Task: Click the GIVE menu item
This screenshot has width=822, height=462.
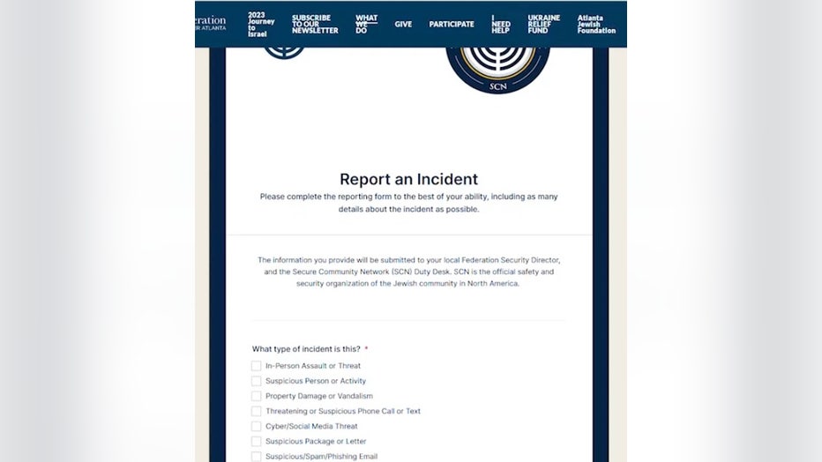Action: coord(403,24)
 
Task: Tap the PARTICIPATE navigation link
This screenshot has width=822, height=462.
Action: coord(452,24)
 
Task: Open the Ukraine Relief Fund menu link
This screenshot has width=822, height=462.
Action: coord(543,24)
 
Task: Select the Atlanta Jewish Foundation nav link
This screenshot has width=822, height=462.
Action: coord(596,24)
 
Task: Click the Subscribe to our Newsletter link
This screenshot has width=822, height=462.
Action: coord(315,24)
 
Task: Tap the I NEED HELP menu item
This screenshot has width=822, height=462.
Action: coord(501,24)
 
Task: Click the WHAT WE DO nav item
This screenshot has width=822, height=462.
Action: coord(366,24)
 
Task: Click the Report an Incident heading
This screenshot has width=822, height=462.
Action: coord(408,180)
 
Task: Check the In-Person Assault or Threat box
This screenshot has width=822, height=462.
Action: coord(257,366)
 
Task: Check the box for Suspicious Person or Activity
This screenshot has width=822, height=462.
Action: coord(257,381)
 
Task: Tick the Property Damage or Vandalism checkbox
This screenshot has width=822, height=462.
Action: coord(257,396)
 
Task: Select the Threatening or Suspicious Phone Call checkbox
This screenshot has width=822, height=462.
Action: coord(257,411)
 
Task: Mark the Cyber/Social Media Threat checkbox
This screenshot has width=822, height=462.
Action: coord(257,426)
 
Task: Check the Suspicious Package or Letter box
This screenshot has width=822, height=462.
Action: coord(257,441)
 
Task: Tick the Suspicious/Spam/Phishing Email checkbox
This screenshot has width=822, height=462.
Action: coord(257,456)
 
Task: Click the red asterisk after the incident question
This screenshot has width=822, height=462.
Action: coord(366,349)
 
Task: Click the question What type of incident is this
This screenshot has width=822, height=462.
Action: coord(306,349)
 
